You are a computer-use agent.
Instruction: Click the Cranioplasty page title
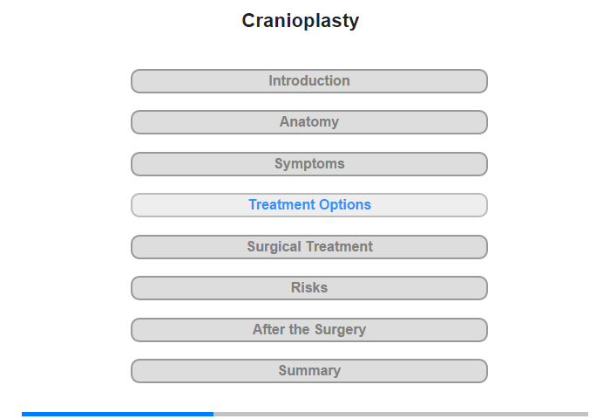click(301, 21)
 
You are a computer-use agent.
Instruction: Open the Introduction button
click(309, 81)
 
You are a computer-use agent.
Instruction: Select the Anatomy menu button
click(309, 122)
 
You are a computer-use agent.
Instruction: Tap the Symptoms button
click(309, 164)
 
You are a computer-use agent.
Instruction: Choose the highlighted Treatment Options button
click(309, 205)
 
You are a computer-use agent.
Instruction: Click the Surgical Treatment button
click(309, 247)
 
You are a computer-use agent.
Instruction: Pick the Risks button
click(309, 288)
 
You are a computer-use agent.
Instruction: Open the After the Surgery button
click(309, 330)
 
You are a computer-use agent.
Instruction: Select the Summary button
click(309, 371)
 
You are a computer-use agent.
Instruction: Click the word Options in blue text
click(345, 205)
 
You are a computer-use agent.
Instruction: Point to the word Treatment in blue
click(282, 204)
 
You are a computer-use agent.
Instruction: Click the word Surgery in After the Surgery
click(340, 330)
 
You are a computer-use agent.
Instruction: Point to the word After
click(268, 329)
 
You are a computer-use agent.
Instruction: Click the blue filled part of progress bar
click(118, 414)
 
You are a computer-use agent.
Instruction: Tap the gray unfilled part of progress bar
click(401, 414)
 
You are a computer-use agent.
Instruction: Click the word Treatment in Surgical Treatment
click(339, 246)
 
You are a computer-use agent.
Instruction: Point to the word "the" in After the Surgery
click(300, 329)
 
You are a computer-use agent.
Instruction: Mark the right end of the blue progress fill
click(213, 414)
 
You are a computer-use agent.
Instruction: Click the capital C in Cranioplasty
click(249, 21)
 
